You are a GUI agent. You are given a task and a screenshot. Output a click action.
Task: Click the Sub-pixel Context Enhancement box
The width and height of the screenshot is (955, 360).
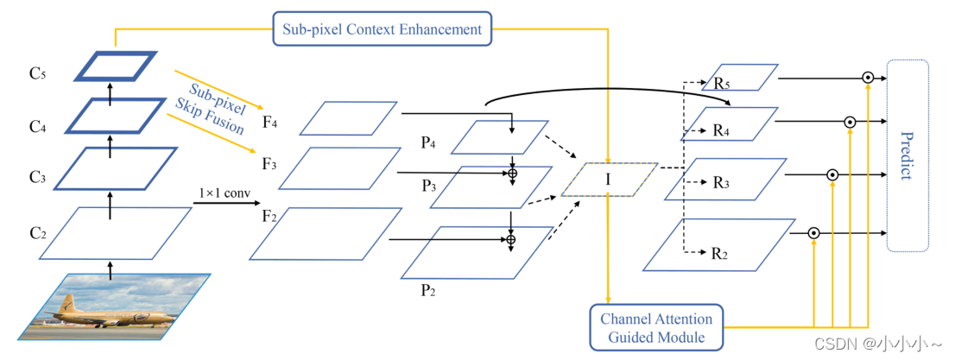(382, 29)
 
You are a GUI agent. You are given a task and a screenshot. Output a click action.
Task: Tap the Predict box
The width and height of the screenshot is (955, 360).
(907, 155)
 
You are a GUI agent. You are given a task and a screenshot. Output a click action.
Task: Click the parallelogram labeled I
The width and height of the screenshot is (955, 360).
(609, 179)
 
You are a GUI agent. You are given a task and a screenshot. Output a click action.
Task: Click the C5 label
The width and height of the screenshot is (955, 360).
(35, 74)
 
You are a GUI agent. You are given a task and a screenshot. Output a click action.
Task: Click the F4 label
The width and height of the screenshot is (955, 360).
(269, 123)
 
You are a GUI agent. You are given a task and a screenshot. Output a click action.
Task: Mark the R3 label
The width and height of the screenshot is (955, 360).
(720, 183)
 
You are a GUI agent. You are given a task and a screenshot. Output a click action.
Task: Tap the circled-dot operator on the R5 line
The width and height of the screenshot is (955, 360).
(867, 78)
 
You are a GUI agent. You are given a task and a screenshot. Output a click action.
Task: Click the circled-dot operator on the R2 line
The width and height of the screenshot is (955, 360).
(813, 232)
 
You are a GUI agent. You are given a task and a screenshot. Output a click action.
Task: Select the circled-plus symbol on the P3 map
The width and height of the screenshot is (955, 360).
(512, 174)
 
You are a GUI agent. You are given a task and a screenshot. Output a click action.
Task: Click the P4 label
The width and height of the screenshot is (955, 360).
(429, 143)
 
